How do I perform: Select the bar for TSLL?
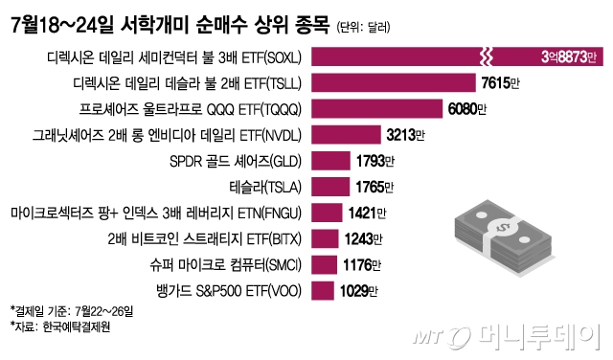tap(393, 83)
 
